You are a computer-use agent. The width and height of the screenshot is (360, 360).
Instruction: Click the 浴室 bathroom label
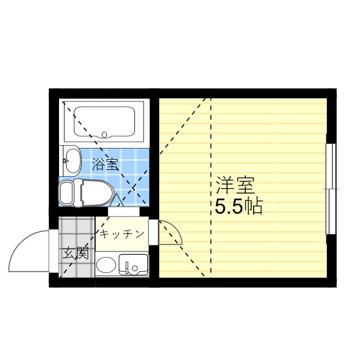tap(105, 164)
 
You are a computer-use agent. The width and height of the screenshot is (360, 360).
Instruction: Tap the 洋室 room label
tap(235, 185)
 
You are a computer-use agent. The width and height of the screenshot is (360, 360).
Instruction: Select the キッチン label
tap(122, 234)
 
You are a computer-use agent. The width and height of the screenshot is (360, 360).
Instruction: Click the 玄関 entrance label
tap(75, 253)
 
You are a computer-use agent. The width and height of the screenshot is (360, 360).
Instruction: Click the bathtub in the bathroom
tap(104, 123)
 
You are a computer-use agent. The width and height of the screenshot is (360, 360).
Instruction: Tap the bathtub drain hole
tap(104, 134)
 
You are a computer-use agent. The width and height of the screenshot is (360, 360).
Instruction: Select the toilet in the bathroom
tap(90, 192)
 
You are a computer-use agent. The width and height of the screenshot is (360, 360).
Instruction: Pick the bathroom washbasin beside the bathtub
tap(70, 159)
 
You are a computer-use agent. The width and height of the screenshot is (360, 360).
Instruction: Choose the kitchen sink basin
tap(134, 263)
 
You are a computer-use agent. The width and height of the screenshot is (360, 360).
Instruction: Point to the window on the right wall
tap(331, 189)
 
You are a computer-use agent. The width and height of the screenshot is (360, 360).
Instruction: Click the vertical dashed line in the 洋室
tap(211, 186)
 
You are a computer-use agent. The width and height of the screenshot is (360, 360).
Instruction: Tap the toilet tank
tap(66, 192)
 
